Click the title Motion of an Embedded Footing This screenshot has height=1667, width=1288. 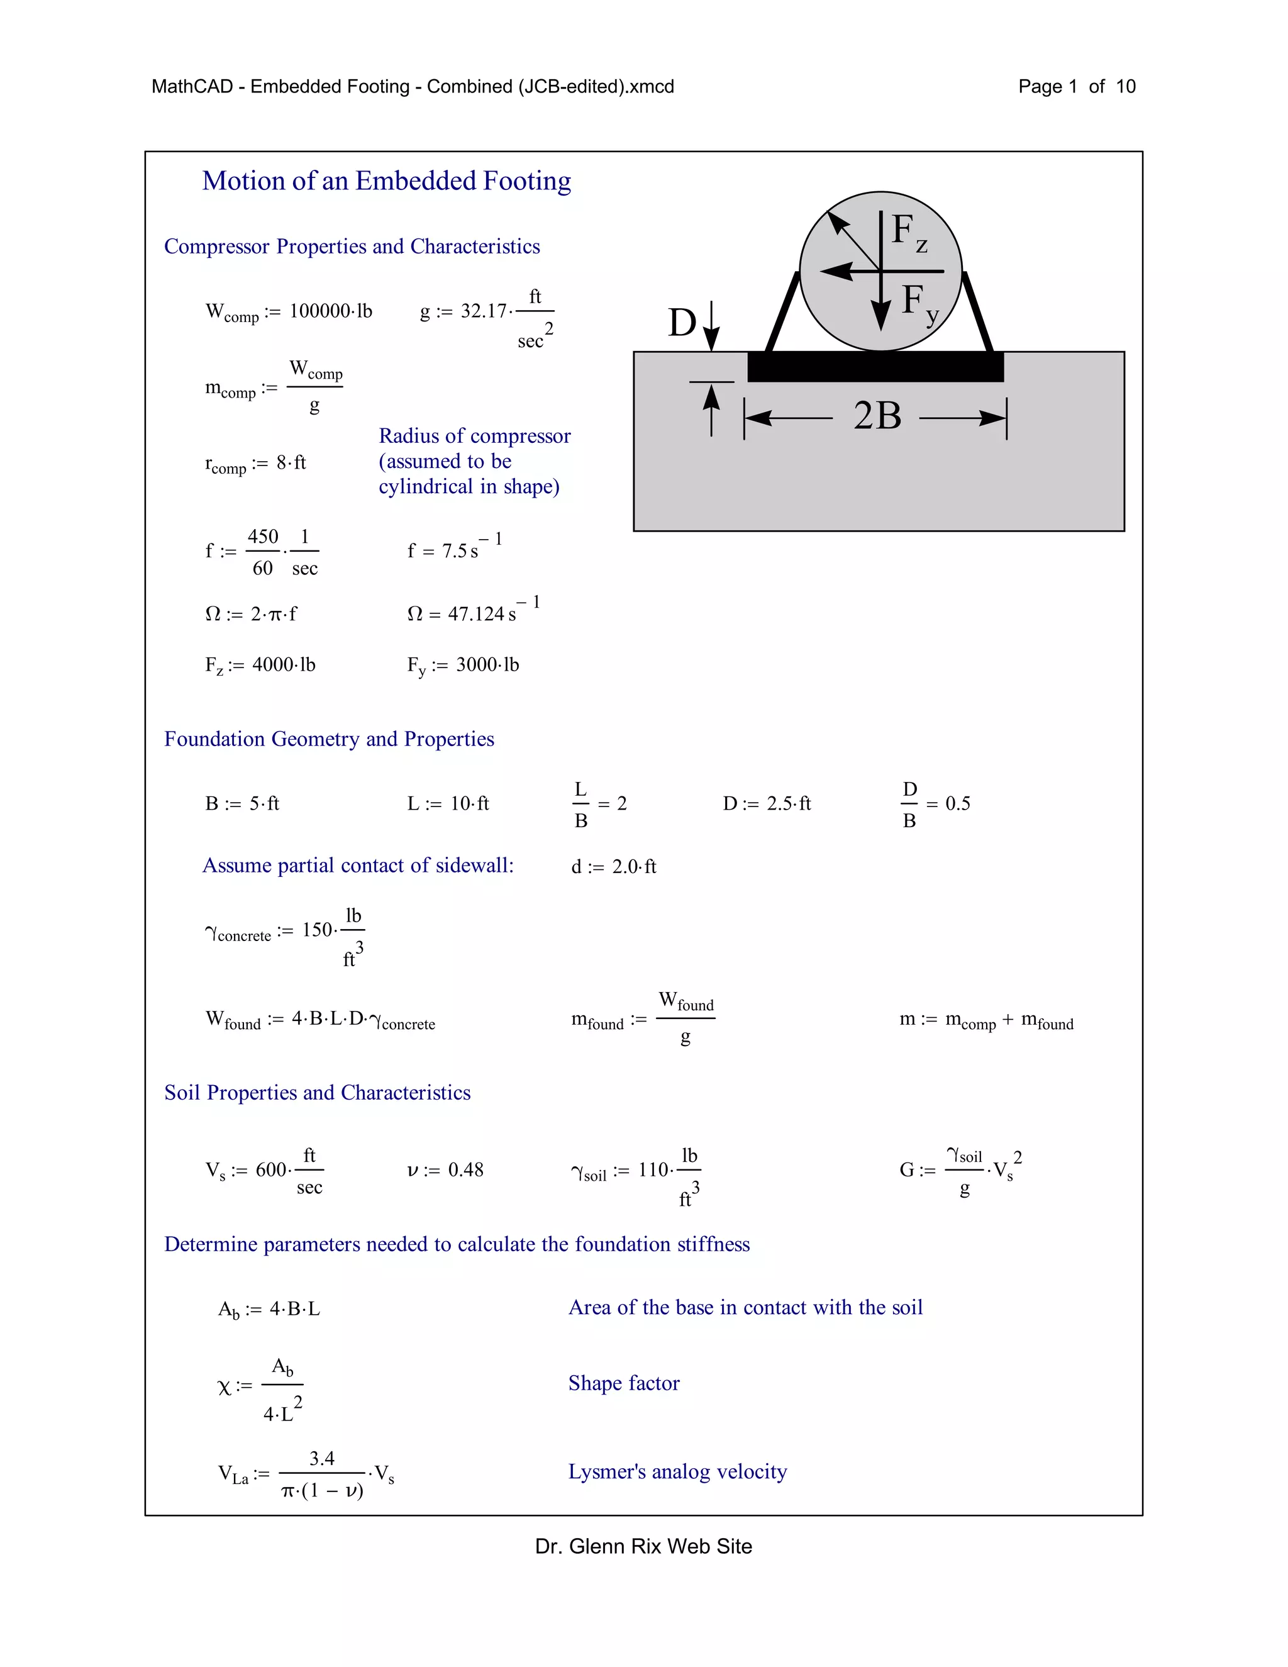click(x=386, y=181)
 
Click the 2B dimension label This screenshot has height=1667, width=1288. click(x=877, y=416)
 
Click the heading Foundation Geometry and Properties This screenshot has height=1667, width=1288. click(x=329, y=739)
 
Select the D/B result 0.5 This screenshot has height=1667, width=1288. click(x=958, y=804)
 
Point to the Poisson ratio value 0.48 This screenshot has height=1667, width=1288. click(x=465, y=1170)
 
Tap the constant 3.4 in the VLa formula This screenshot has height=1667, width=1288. click(x=321, y=1459)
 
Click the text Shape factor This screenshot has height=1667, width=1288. click(x=623, y=1383)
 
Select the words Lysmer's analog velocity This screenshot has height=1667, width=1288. click(x=677, y=1471)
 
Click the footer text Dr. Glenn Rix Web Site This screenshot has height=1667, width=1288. click(x=643, y=1546)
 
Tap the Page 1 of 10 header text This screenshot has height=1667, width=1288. click(x=1076, y=87)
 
